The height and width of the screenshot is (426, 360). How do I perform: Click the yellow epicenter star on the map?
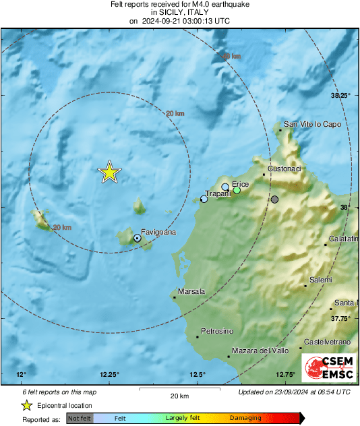pyautogui.click(x=109, y=173)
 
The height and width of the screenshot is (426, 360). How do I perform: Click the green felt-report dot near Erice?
pyautogui.click(x=237, y=190)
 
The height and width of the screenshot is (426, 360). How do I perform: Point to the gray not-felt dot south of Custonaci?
pyautogui.click(x=274, y=200)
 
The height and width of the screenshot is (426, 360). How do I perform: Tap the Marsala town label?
pyautogui.click(x=192, y=291)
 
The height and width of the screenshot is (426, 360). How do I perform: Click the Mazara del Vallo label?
pyautogui.click(x=260, y=351)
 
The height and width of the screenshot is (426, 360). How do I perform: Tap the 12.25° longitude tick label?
pyautogui.click(x=109, y=375)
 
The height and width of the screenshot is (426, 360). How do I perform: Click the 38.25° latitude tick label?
pyautogui.click(x=341, y=96)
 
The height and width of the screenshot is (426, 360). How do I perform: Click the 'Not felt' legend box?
pyautogui.click(x=79, y=419)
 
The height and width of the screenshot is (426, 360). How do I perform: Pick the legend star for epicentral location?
pyautogui.click(x=26, y=405)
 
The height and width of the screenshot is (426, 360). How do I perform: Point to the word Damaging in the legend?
pyautogui.click(x=245, y=419)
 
